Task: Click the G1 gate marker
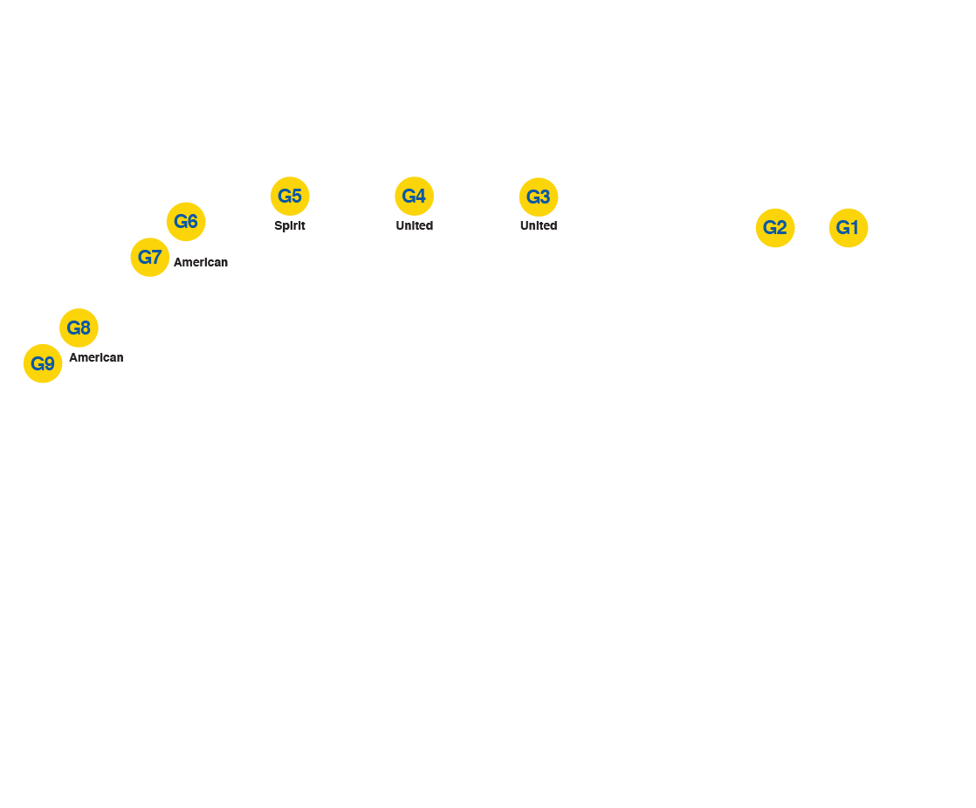(x=848, y=228)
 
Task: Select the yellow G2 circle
(x=775, y=228)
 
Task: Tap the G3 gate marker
(x=539, y=197)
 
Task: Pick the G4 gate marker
(x=414, y=196)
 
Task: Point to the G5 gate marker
(x=290, y=196)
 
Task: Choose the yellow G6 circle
(x=186, y=221)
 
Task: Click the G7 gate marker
(x=150, y=258)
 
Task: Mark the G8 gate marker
(x=79, y=328)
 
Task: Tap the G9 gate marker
(x=43, y=363)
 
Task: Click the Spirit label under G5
(x=290, y=225)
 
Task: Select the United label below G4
(x=414, y=225)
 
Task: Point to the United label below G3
(x=539, y=225)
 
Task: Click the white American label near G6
(x=216, y=252)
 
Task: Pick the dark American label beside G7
(x=201, y=262)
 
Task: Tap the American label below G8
(x=96, y=357)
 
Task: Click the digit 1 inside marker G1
(x=855, y=228)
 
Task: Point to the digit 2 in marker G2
(x=782, y=228)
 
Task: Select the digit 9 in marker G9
(x=50, y=363)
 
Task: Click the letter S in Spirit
(x=278, y=225)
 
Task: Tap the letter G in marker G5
(x=284, y=196)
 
